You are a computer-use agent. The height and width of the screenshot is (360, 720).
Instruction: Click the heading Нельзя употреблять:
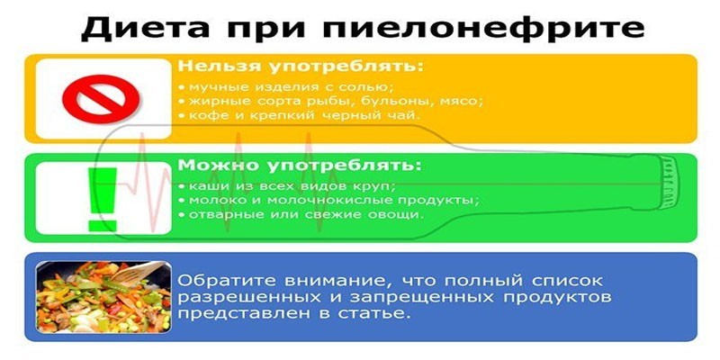click(x=299, y=67)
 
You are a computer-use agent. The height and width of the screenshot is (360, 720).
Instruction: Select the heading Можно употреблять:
click(x=299, y=166)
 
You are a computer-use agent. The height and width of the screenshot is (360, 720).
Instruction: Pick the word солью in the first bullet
click(x=367, y=85)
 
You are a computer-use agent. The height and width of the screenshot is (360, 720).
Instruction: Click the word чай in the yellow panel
click(x=405, y=116)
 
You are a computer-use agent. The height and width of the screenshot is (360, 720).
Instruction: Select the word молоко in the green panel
click(x=212, y=200)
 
